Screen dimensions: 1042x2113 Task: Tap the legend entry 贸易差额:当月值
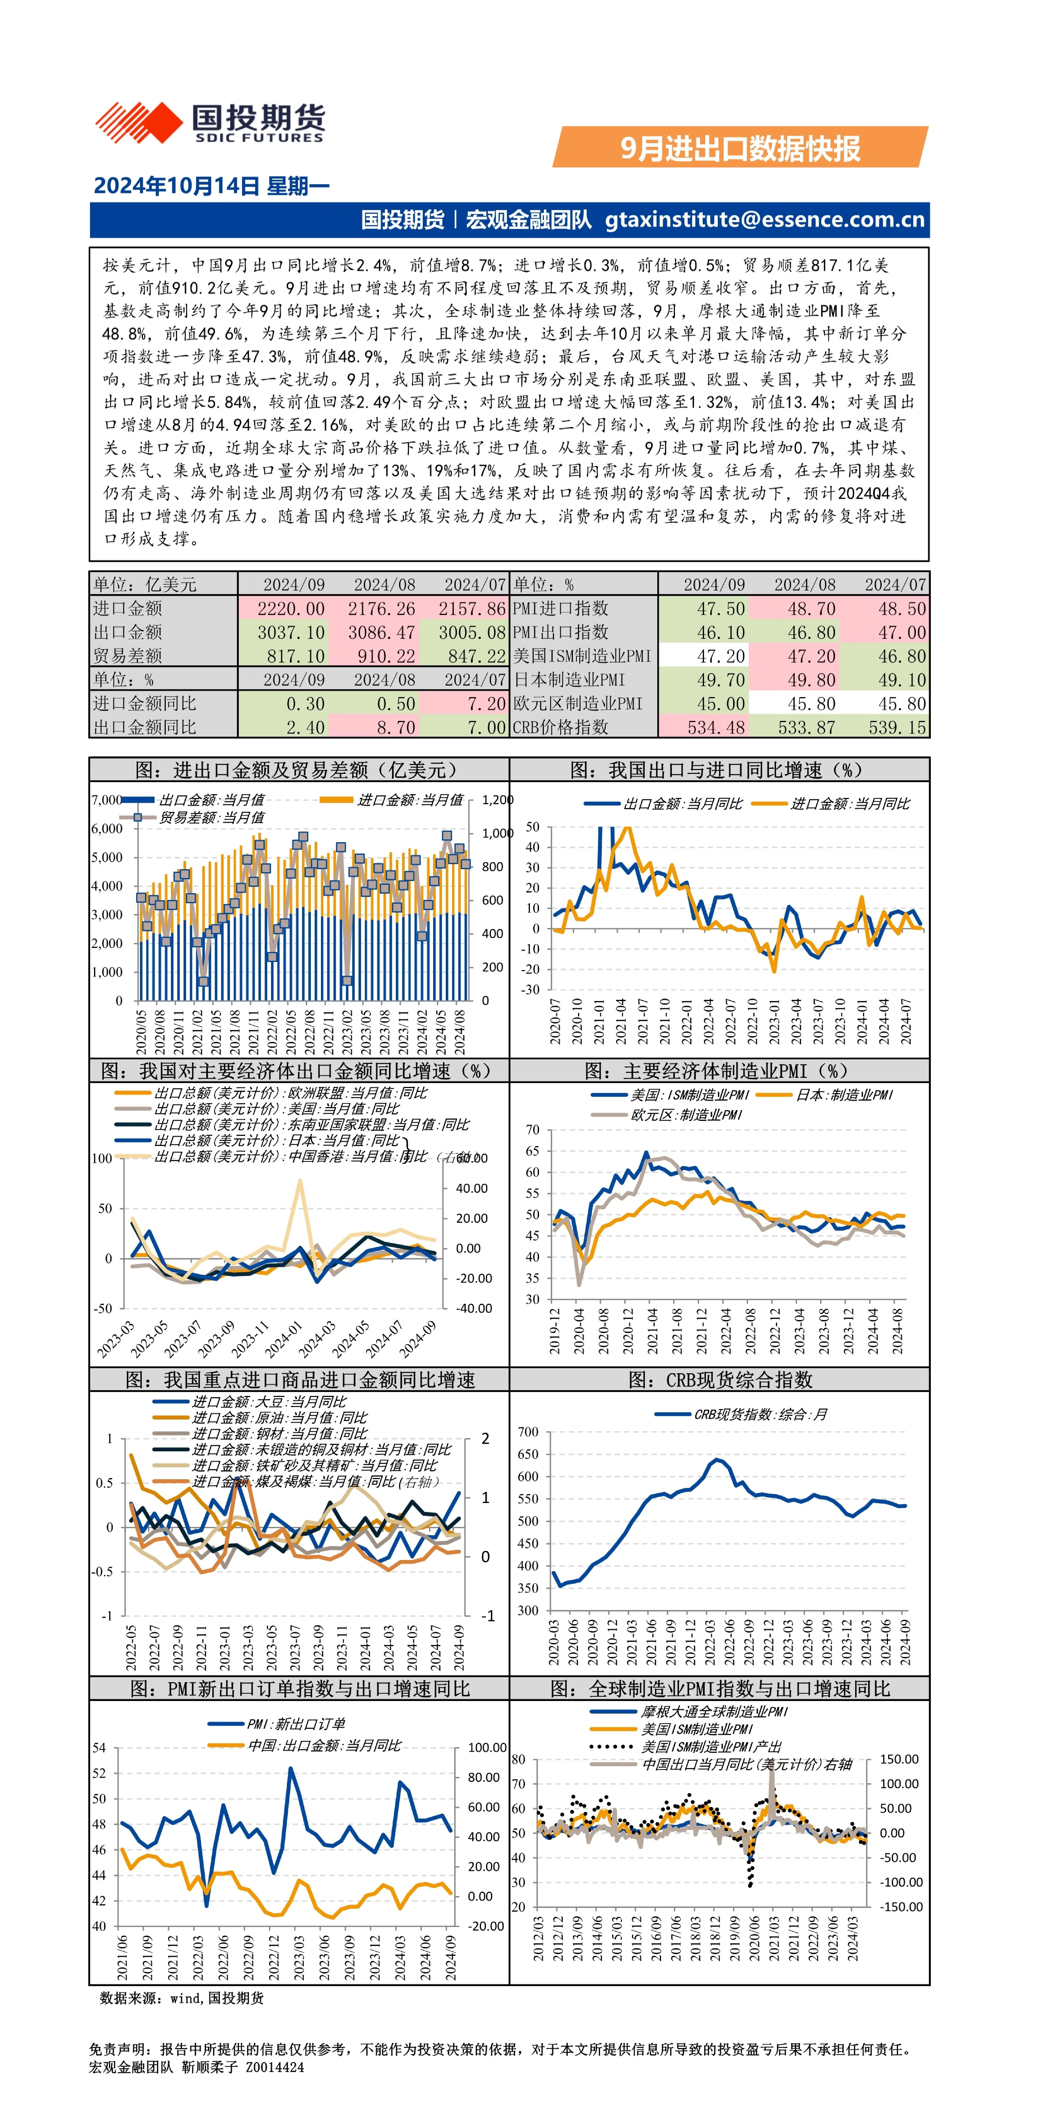(x=193, y=818)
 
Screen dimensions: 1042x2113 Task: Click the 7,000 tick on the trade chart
(x=107, y=800)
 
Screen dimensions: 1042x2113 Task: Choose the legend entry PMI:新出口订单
(x=277, y=1724)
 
